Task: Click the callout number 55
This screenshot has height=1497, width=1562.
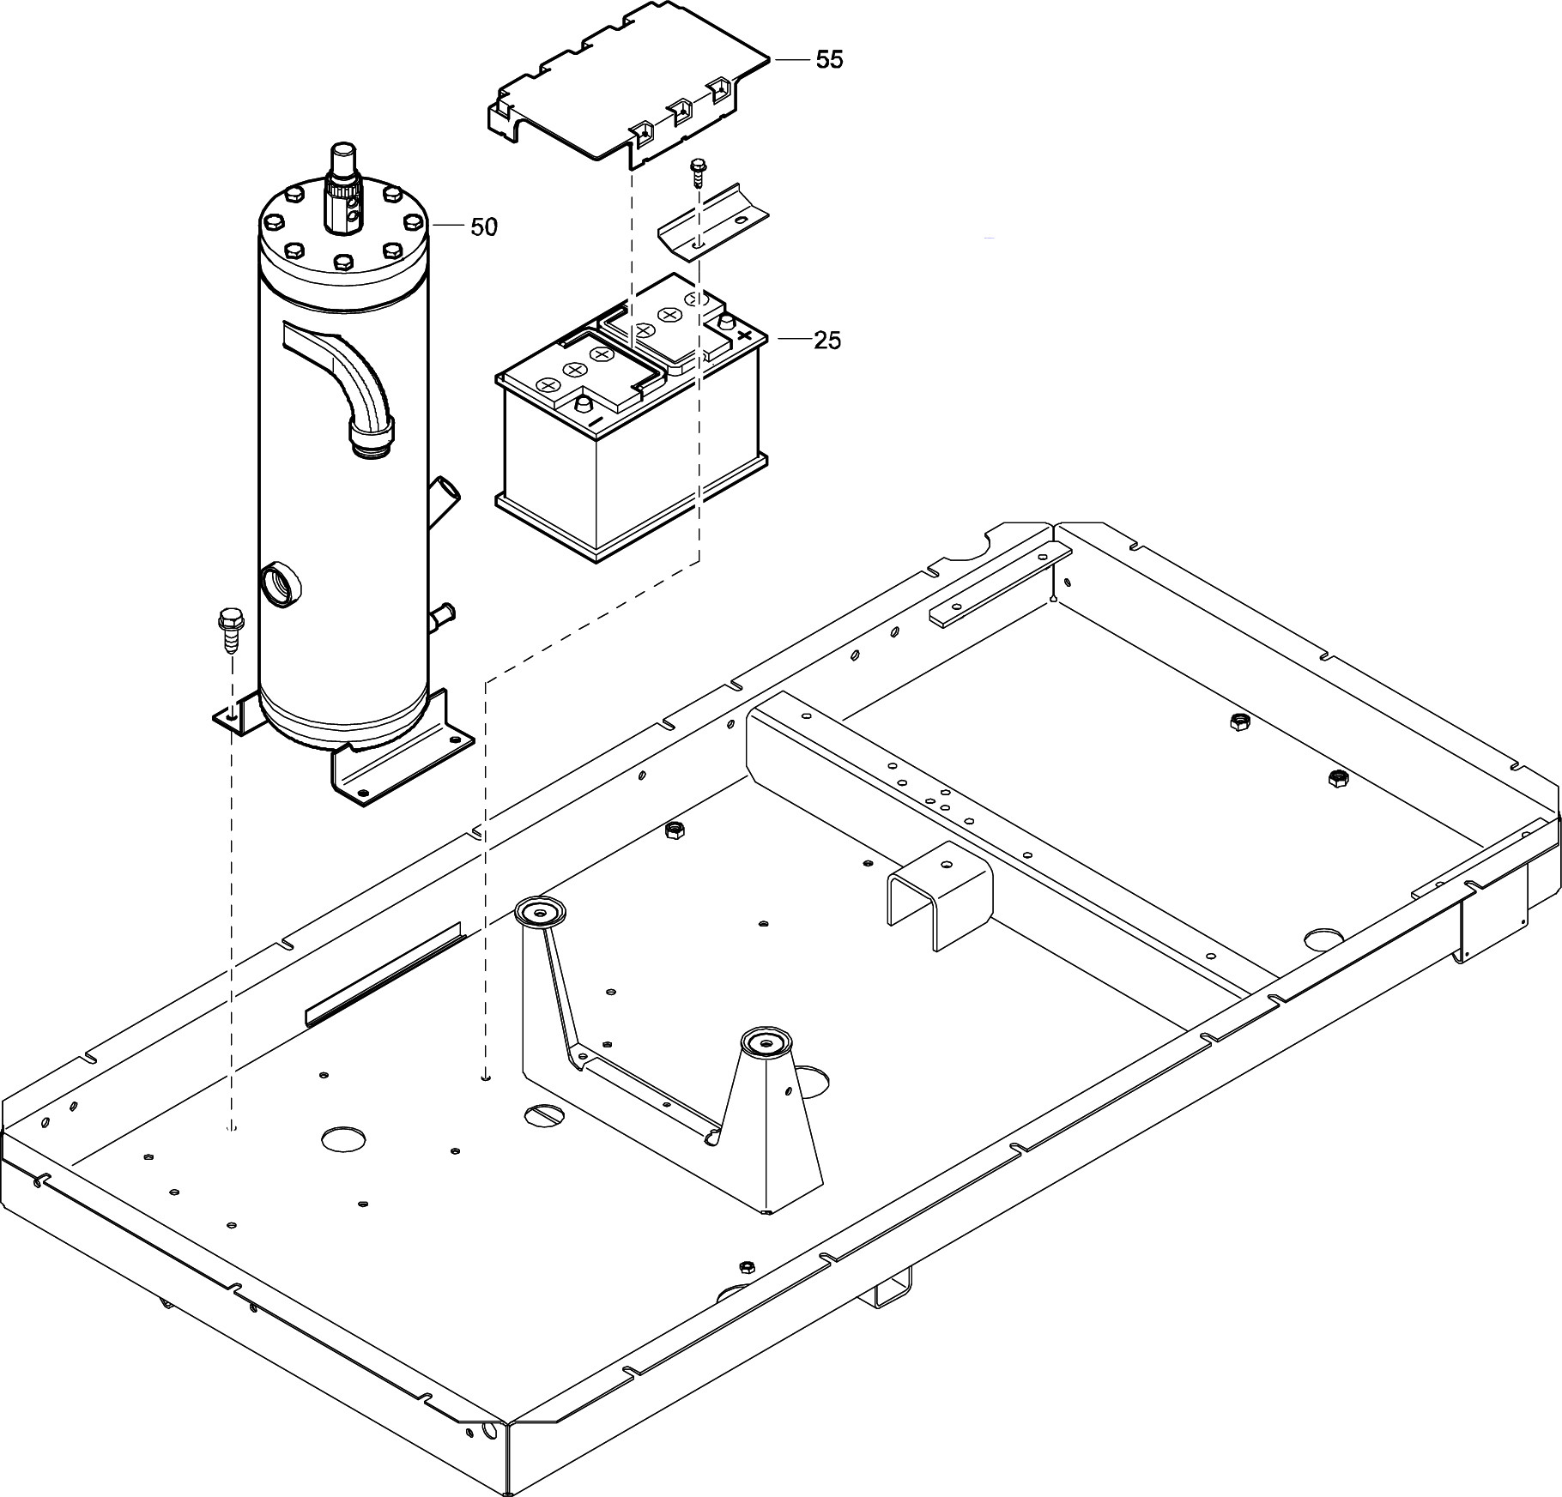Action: (x=829, y=60)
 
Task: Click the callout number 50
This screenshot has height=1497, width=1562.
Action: (x=483, y=227)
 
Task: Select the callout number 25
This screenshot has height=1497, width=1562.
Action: (x=827, y=341)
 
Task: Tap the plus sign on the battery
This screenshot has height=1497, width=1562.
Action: (x=745, y=335)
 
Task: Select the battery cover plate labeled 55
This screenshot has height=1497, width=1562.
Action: (x=627, y=86)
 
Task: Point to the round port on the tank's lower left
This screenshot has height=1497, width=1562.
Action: (x=280, y=585)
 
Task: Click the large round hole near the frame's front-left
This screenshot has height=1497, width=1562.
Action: (x=345, y=1138)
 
